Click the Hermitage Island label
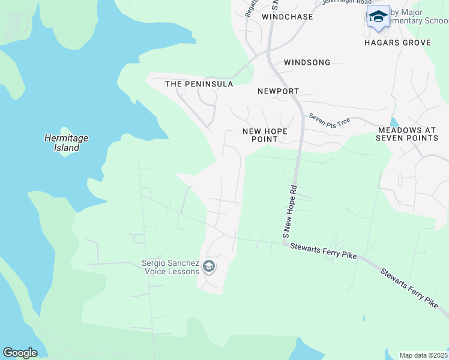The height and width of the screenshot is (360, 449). coord(66,143)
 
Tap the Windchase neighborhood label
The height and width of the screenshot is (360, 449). coord(288,17)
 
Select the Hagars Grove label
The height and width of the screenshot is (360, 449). coord(397,43)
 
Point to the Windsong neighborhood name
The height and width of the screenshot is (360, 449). coord(307,62)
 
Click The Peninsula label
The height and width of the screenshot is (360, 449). coord(199,84)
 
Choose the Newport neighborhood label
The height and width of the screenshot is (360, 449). coord(278,91)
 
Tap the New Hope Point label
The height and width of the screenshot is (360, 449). coord(265,135)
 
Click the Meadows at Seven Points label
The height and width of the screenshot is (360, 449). coord(408,134)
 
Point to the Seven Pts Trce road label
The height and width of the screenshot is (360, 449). coord(329,119)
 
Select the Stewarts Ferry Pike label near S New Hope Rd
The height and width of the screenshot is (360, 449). coord(323,251)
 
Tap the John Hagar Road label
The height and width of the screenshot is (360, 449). coord(343,2)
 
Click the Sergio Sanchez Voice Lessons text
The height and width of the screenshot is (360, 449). coord(170,267)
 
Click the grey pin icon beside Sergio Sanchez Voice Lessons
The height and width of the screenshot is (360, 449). coord(209,266)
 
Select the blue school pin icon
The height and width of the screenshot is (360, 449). coord(378,17)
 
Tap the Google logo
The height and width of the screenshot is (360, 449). coord(20,353)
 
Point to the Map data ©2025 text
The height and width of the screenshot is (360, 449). coord(423,355)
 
